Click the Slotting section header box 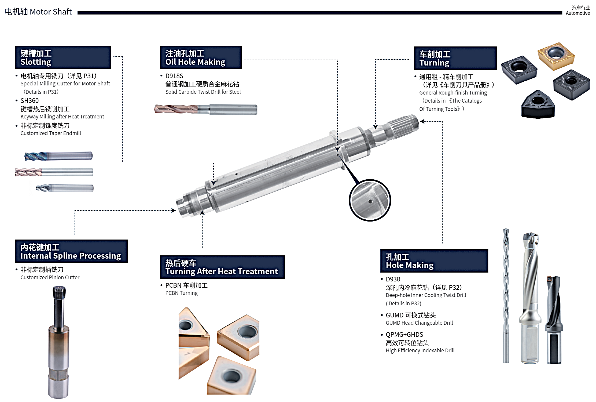pyautogui.click(x=63, y=57)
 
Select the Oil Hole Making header pyautogui.click(x=201, y=57)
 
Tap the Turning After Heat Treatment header pyautogui.click(x=222, y=267)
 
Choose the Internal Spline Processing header pyautogui.click(x=71, y=251)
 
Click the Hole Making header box pyautogui.click(x=434, y=261)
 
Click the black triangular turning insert pyautogui.click(x=538, y=104)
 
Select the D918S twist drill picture pyautogui.click(x=206, y=109)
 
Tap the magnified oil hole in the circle pyautogui.click(x=370, y=201)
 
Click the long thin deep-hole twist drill pyautogui.click(x=506, y=296)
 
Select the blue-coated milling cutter pyautogui.click(x=58, y=156)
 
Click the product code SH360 pyautogui.click(x=30, y=101)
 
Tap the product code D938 pyautogui.click(x=393, y=279)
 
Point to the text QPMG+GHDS pyautogui.click(x=404, y=335)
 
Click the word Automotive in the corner pyautogui.click(x=578, y=13)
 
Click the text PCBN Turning pyautogui.click(x=181, y=293)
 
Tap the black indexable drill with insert pyautogui.click(x=554, y=320)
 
